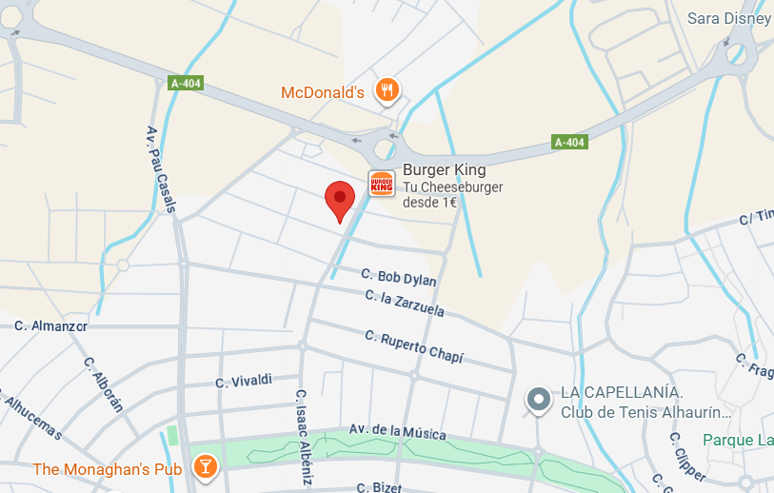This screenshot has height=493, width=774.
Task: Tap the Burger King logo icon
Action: [x=382, y=184]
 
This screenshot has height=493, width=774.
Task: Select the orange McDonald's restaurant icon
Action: [x=386, y=90]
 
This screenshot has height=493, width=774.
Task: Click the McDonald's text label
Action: [x=323, y=93]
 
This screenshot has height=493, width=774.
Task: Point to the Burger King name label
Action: [x=444, y=170]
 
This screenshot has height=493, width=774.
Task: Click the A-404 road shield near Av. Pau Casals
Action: [x=186, y=83]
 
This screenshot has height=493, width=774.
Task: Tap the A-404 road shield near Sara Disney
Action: [x=570, y=143]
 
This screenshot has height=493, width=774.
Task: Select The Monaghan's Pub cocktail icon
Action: [x=204, y=466]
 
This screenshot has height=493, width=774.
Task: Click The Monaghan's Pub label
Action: [x=108, y=469]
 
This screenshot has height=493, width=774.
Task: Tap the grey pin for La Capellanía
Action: [x=539, y=400]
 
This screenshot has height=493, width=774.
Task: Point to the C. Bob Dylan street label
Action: [x=399, y=278]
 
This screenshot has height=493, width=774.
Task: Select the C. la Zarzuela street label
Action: [x=405, y=304]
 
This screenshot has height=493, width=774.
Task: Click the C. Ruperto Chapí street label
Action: [x=414, y=346]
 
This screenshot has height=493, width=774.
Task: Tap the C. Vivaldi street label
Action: [x=244, y=381]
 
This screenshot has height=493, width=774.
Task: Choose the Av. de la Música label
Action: [x=397, y=432]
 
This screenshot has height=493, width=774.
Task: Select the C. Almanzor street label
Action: [x=50, y=325]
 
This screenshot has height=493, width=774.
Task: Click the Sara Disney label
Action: [x=728, y=18]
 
